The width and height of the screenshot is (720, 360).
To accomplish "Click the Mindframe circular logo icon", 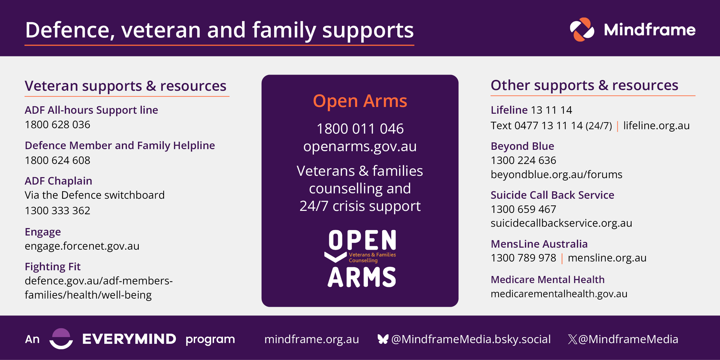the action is (x=582, y=30).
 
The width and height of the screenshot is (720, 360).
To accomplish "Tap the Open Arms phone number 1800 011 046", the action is (x=360, y=129).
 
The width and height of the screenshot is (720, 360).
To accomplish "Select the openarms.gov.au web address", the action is (x=360, y=147).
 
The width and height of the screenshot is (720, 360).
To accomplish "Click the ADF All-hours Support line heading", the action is (x=91, y=110).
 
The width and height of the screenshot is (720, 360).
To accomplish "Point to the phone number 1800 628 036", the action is (x=58, y=125).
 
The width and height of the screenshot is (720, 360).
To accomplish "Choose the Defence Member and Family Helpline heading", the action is (x=120, y=146).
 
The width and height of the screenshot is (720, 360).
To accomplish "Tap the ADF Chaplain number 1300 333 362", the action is (x=58, y=211).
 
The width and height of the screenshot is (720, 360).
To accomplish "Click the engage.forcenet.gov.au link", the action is (x=82, y=246).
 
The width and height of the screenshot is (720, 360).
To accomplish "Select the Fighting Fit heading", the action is (x=53, y=267).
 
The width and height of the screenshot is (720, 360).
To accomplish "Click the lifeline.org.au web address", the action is (x=656, y=126).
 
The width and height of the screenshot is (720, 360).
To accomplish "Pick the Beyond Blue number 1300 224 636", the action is (x=523, y=160).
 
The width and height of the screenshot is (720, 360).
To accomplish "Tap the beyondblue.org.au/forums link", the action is (x=556, y=174).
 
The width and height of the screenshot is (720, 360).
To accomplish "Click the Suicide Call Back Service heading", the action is (x=552, y=195).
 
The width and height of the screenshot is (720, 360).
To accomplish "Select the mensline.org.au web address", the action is (x=607, y=258).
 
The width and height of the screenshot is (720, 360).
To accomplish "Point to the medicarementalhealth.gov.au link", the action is (x=559, y=294).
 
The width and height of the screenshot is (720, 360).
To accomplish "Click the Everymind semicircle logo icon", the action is (x=61, y=339).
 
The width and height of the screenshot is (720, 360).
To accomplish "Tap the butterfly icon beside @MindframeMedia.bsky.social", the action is (x=383, y=339).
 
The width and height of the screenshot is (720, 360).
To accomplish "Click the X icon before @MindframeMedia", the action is (x=572, y=339).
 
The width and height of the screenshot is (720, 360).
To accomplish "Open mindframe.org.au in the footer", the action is (x=312, y=339).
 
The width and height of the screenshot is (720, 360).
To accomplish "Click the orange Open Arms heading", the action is (x=360, y=101).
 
